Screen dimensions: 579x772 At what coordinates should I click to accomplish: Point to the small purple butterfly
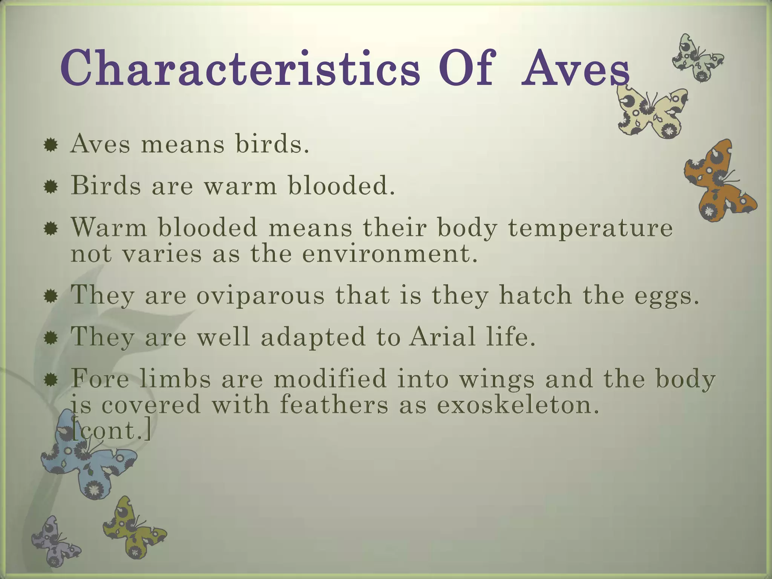click(55, 541)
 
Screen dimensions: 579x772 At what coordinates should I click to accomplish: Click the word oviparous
click(260, 296)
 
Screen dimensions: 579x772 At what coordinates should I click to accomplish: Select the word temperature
click(590, 228)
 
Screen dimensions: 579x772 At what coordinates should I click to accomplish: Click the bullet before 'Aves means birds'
click(51, 145)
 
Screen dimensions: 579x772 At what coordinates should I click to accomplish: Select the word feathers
click(334, 405)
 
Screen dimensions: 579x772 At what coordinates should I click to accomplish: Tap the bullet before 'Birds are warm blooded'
click(51, 186)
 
